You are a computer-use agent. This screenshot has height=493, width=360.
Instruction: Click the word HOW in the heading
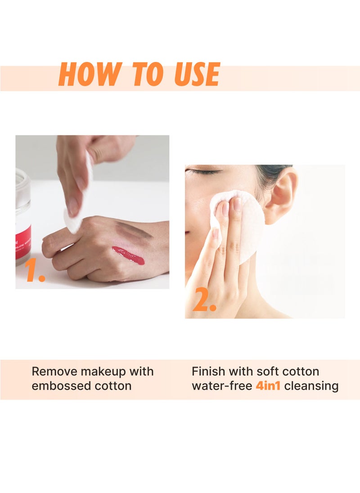point(90,74)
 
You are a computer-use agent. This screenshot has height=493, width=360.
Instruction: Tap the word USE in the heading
point(197,74)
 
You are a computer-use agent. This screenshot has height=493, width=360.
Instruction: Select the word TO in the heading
point(148,74)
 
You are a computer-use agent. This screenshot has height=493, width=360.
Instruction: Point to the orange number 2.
point(204,299)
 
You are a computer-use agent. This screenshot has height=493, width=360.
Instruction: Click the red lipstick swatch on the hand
point(128,255)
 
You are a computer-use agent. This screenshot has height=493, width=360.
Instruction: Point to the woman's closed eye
point(204,171)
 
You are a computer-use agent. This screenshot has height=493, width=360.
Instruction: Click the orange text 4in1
point(268,386)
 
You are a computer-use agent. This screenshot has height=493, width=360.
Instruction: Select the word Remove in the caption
point(54,371)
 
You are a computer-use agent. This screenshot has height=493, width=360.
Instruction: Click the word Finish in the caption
point(208,371)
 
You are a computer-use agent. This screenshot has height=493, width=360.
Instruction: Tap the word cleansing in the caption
point(311,386)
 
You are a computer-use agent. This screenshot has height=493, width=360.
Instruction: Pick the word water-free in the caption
point(222,386)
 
